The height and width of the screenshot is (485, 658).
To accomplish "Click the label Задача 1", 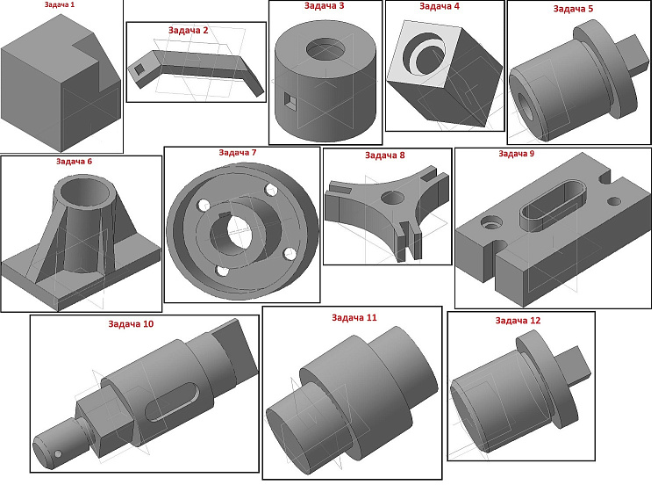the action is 60,5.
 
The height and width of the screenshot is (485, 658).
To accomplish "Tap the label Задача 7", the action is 238,153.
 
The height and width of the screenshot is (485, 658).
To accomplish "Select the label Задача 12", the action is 518,321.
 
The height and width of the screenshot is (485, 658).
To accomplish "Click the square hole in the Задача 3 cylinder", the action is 290,100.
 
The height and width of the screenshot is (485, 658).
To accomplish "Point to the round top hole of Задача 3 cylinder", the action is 326,50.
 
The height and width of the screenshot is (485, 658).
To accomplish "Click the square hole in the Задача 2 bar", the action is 138,69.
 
